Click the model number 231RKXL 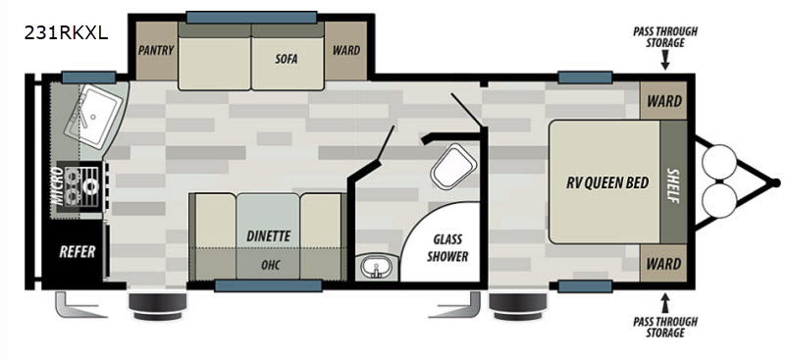[x=66, y=33]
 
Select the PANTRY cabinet [x=156, y=50]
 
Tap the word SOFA [x=286, y=59]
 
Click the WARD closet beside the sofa [x=346, y=50]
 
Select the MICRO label [x=58, y=186]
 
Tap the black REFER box [x=78, y=251]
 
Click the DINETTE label [x=268, y=235]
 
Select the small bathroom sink [x=377, y=268]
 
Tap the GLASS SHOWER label [x=447, y=248]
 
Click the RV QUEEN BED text [x=607, y=182]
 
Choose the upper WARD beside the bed [x=663, y=101]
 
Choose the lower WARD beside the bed [x=663, y=263]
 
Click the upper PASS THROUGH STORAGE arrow [x=665, y=61]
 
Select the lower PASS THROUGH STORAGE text [x=665, y=327]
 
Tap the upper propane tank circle [x=719, y=161]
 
